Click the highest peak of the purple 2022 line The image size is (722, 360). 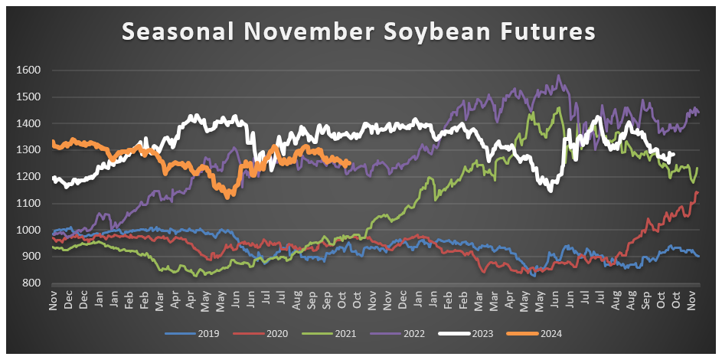[x=558, y=76]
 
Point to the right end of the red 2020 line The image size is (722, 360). [x=697, y=192]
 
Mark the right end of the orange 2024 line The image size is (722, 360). [x=349, y=162]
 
